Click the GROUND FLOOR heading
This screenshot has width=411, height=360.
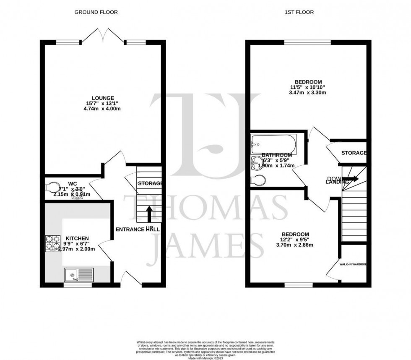[x=96, y=12]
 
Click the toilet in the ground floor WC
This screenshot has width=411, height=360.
[x=54, y=185]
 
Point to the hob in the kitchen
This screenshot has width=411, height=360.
[x=53, y=243]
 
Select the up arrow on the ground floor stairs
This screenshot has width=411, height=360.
[x=149, y=213]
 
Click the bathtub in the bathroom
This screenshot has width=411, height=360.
[x=273, y=144]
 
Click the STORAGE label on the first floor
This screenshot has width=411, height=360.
[x=354, y=153]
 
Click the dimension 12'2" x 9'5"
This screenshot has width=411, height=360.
[x=295, y=240]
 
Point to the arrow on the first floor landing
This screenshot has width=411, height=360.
[x=351, y=178]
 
